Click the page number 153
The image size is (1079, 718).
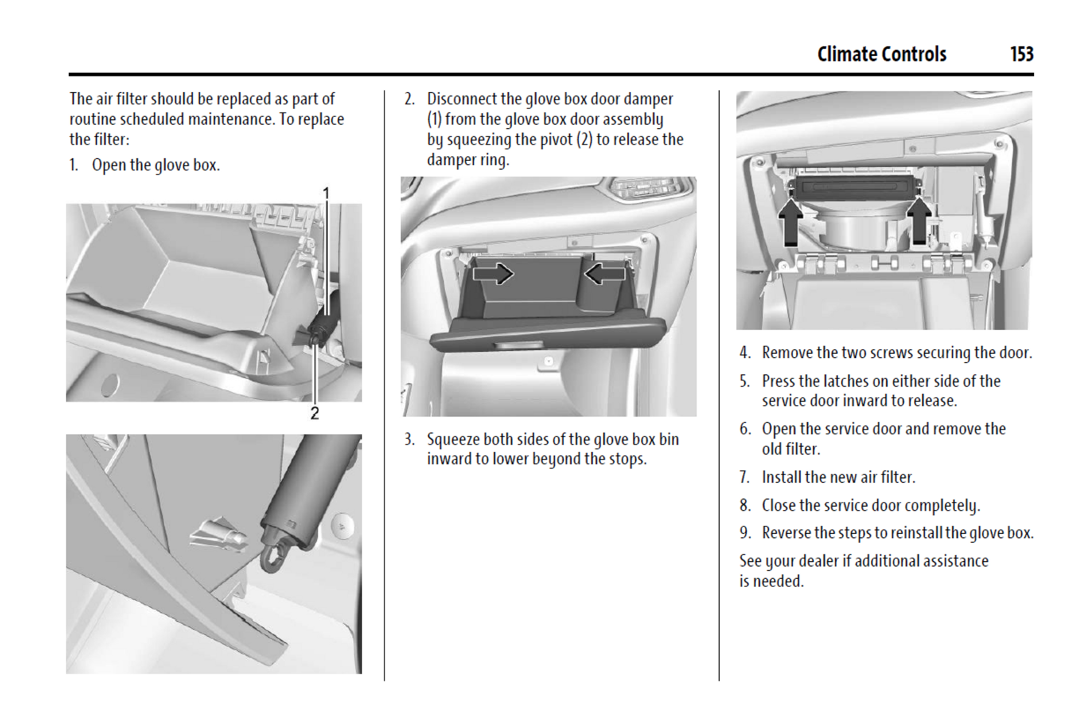(1021, 54)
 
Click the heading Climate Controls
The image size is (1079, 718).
(882, 54)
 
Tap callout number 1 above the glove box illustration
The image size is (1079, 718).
(326, 193)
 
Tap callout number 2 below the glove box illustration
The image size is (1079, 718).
(314, 413)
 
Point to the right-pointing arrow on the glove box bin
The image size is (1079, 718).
(493, 273)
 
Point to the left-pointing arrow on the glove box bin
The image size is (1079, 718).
(605, 273)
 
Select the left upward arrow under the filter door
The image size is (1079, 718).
(791, 222)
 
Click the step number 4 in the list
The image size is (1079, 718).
(745, 353)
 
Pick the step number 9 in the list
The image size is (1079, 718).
(745, 533)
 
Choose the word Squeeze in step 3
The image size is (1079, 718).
(452, 440)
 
